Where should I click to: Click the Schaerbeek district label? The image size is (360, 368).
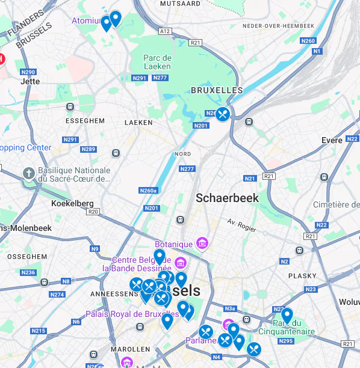click(228, 198)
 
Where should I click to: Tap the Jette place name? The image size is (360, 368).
click(30, 81)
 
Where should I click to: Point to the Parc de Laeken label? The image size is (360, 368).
click(158, 62)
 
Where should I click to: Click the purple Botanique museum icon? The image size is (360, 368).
click(202, 244)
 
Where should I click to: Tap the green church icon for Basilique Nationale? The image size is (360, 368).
click(28, 174)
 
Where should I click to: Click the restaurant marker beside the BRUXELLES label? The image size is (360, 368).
click(223, 114)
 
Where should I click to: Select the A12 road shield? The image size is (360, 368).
click(164, 31)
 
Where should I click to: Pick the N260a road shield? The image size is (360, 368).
click(147, 191)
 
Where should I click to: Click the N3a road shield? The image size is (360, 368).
click(229, 308)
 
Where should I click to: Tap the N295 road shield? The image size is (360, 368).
click(286, 342)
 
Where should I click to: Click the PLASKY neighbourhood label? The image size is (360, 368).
click(302, 276)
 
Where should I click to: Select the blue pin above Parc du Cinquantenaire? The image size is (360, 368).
click(287, 315)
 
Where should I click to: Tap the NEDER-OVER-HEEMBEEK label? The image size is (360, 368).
click(278, 26)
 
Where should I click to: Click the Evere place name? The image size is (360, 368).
click(332, 140)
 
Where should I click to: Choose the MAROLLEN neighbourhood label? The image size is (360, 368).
click(130, 349)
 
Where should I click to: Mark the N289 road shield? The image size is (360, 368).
click(88, 149)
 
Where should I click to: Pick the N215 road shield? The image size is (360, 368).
click(39, 331)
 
